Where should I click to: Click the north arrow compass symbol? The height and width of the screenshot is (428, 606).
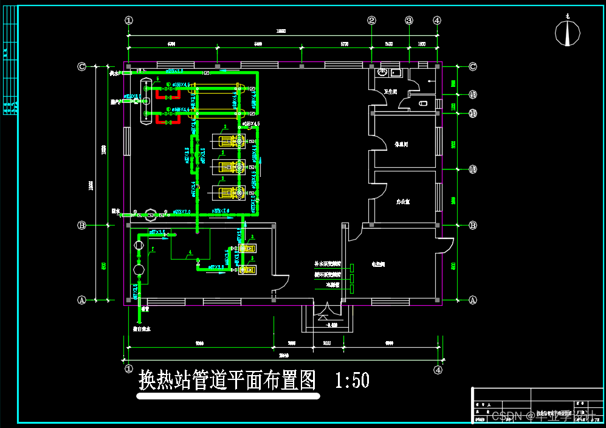click(568, 33)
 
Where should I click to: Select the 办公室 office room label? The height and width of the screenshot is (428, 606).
click(402, 201)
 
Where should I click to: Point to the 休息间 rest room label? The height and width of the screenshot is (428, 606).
click(401, 145)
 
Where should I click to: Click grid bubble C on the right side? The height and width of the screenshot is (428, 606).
click(472, 66)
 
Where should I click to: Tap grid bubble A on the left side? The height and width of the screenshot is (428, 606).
click(82, 300)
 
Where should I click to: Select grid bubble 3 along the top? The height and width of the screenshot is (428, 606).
click(409, 20)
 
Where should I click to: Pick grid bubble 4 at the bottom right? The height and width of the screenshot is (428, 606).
click(437, 369)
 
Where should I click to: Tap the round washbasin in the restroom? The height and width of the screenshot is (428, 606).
click(382, 72)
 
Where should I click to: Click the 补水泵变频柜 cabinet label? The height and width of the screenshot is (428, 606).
click(327, 264)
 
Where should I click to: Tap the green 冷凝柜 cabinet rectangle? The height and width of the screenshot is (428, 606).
click(352, 285)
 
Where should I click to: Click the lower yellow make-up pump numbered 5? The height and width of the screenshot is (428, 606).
click(246, 269)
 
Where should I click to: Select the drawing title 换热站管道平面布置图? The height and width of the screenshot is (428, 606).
click(228, 381)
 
